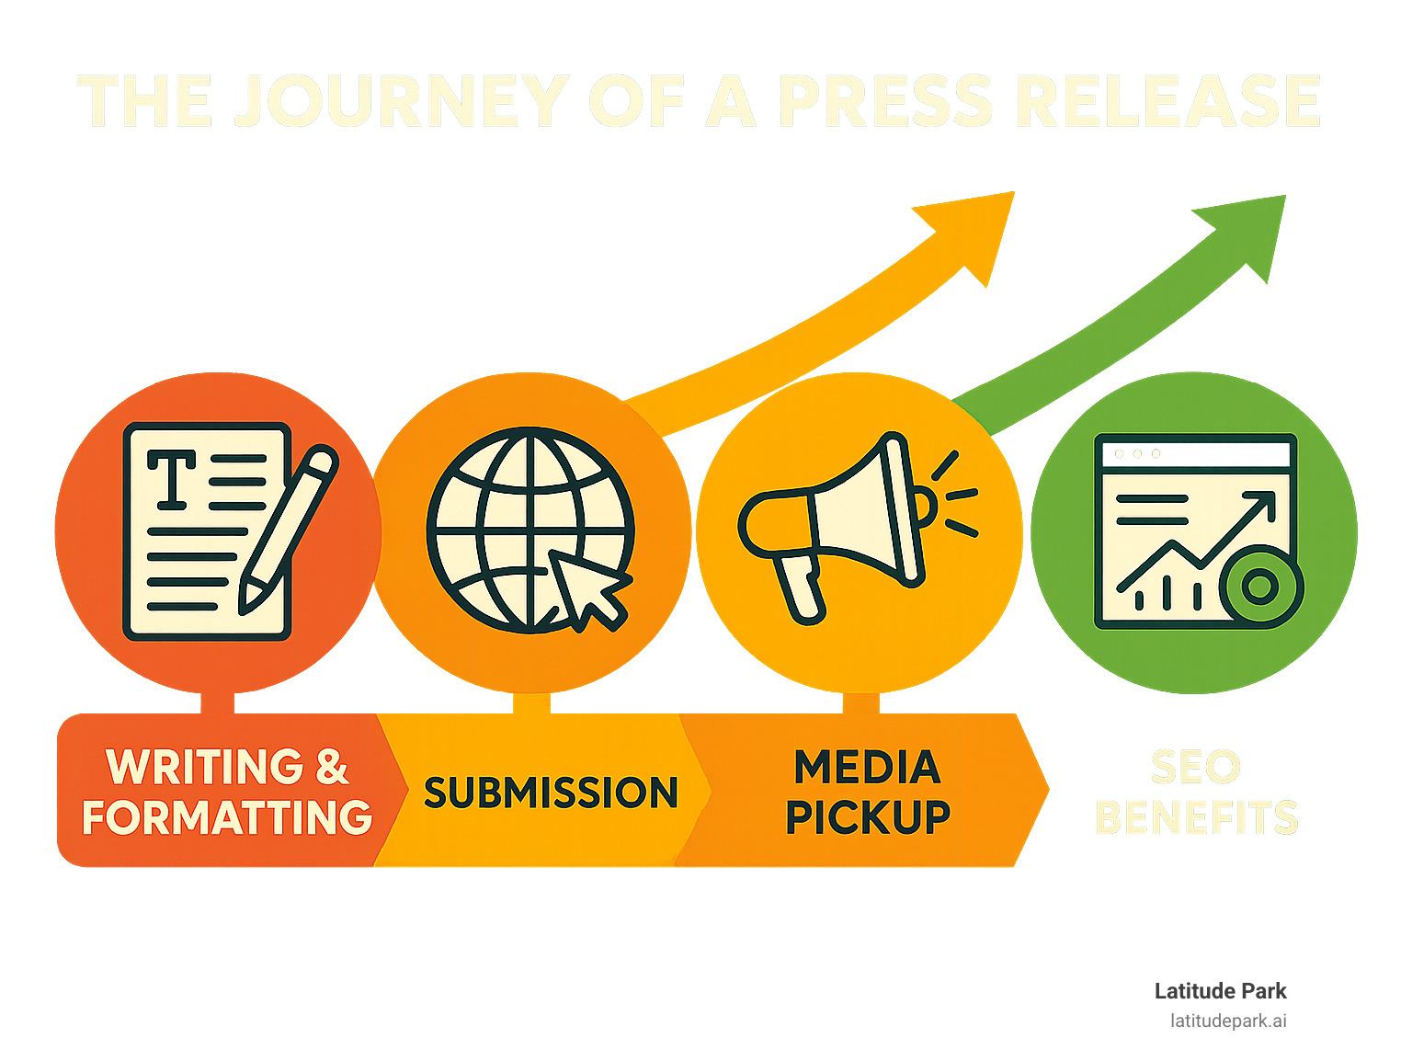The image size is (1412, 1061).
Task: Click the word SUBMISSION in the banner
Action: point(551,793)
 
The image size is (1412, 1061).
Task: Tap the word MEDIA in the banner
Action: point(867,768)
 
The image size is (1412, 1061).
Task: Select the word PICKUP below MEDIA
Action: point(868,817)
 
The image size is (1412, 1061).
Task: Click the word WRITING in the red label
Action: point(204,767)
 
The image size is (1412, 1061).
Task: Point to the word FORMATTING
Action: point(227,817)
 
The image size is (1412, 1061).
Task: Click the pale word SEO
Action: point(1195,768)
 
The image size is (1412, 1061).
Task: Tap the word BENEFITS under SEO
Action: point(1196,817)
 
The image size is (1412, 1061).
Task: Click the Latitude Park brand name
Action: point(1220,991)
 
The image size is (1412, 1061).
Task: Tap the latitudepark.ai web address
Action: point(1228,1021)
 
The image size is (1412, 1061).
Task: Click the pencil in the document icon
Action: point(287,528)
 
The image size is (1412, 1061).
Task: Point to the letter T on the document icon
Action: point(172,478)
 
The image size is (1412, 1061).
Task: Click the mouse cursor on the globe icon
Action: point(589,588)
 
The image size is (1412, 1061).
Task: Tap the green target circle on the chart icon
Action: point(1259,586)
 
